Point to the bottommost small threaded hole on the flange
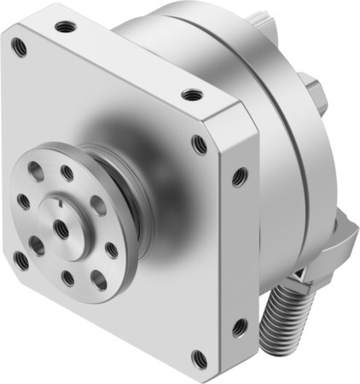(67, 277)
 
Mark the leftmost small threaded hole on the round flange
(23, 202)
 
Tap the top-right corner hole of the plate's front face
(200, 144)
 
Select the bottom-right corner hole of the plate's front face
(200, 358)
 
